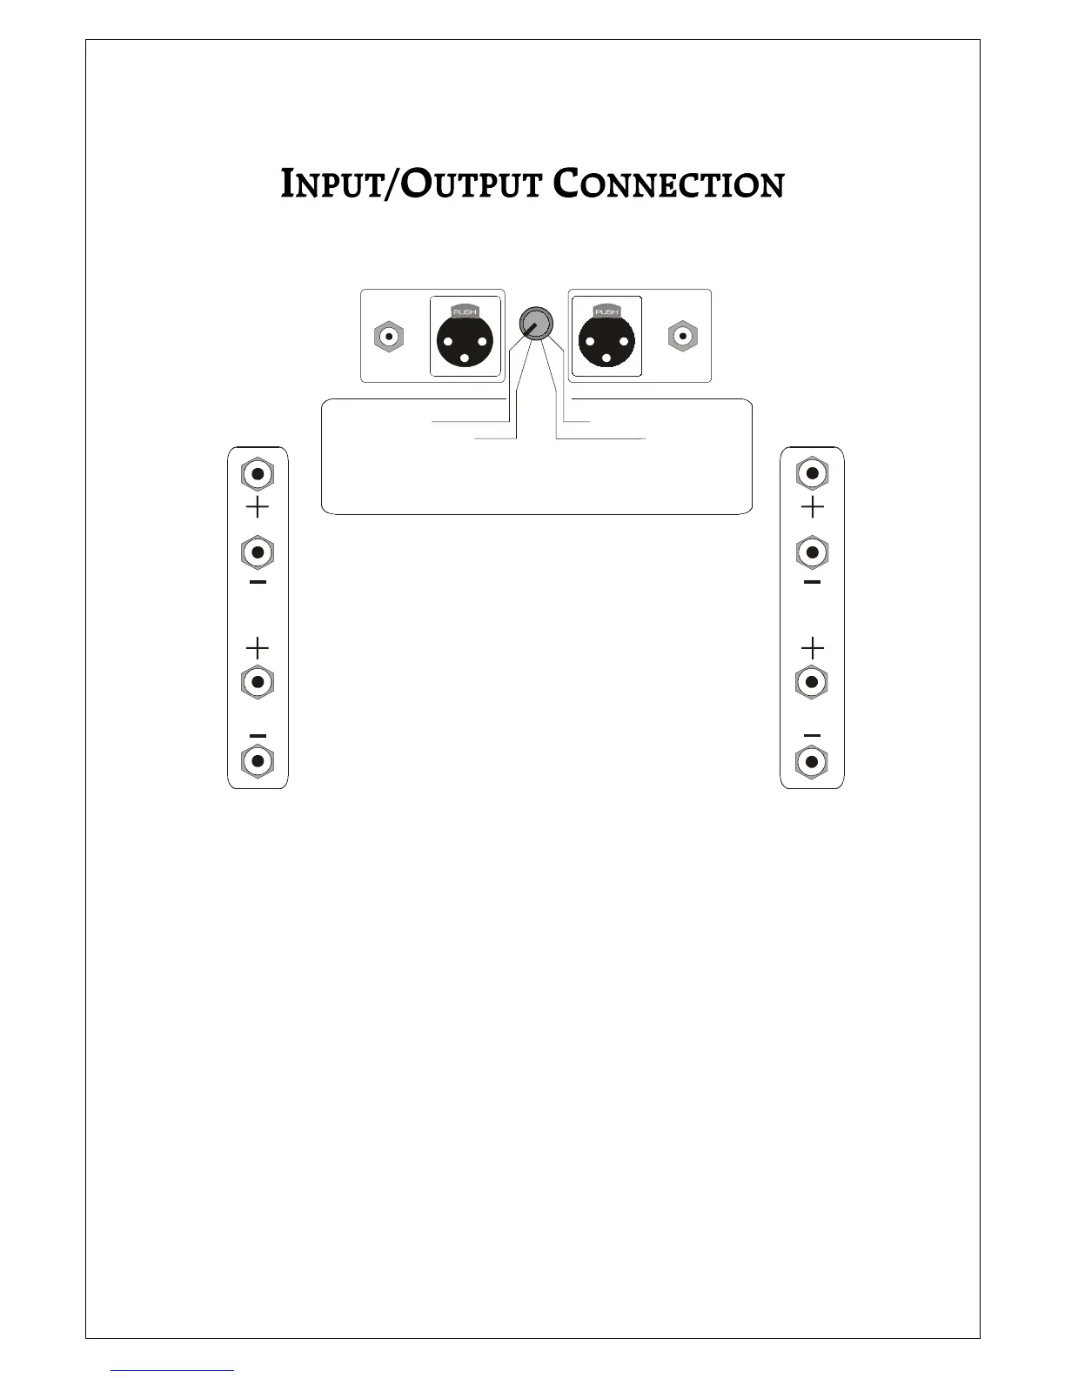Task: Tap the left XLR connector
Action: (467, 338)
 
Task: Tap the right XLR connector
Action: (606, 338)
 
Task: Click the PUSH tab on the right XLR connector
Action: (606, 311)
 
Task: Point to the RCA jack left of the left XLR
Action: (388, 336)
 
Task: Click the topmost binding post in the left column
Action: (257, 474)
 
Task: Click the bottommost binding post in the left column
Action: (257, 761)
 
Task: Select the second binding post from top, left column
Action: (257, 552)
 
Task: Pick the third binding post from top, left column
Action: (257, 681)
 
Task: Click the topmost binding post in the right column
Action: (812, 473)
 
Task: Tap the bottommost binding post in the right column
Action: (812, 762)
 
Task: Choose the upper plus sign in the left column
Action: (257, 507)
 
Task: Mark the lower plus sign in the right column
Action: (812, 648)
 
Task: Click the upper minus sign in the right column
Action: (812, 581)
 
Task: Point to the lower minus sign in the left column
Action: (257, 735)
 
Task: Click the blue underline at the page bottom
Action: (173, 1370)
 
